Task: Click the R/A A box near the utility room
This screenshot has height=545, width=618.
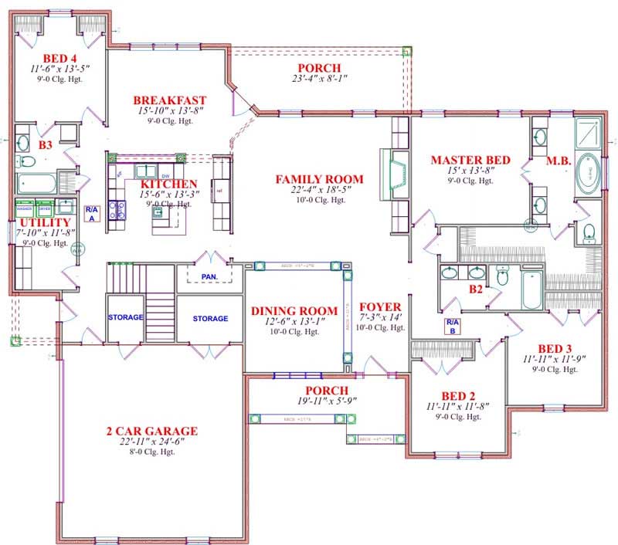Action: [91, 214]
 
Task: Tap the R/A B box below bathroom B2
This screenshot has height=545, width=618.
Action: [452, 325]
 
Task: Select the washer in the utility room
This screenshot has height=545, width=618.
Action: [24, 209]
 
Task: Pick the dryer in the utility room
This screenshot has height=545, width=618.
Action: [44, 209]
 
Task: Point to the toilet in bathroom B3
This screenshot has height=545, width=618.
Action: [27, 161]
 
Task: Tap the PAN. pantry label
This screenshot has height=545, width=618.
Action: [210, 276]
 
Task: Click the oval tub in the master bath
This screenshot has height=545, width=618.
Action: [591, 174]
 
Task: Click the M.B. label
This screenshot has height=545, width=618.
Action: [558, 161]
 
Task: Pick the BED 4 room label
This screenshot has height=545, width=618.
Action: [59, 59]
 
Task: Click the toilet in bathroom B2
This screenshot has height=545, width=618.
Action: [503, 277]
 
